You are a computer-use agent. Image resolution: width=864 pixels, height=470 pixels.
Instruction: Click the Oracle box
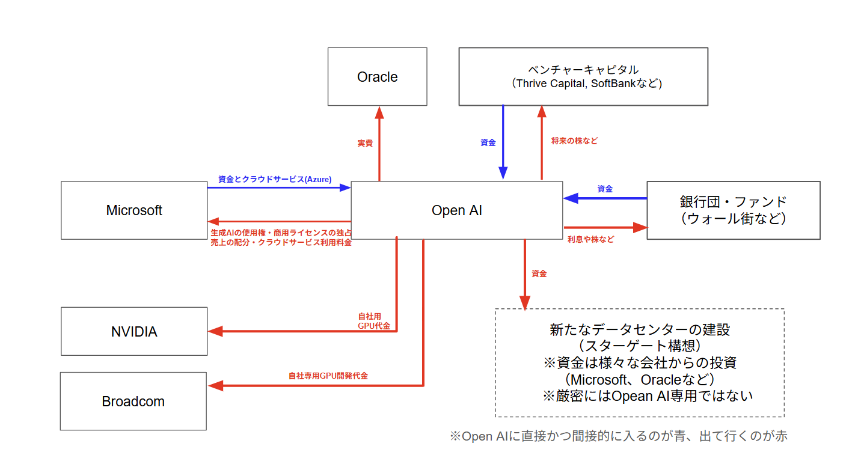coord(377,77)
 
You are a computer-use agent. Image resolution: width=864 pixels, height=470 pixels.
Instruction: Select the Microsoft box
coord(134,210)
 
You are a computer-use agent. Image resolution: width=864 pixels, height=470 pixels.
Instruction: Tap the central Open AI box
coord(456,210)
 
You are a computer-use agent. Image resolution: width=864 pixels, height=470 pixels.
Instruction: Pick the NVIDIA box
coord(134,331)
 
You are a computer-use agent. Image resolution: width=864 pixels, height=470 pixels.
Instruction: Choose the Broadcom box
coord(133,401)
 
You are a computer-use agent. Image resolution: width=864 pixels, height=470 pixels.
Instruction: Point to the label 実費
coord(365,144)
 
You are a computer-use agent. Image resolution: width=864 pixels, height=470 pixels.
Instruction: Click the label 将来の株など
coord(574,141)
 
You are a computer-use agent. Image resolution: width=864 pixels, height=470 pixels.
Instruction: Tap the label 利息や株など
coord(590,239)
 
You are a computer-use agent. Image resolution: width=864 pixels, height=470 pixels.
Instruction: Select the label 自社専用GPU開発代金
coord(328,376)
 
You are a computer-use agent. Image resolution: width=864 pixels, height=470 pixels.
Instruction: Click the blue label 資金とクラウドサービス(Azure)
coord(275,179)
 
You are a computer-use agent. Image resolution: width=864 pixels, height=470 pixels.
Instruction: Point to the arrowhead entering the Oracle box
coord(379,112)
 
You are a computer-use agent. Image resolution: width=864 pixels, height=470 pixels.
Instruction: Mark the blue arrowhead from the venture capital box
coord(503,172)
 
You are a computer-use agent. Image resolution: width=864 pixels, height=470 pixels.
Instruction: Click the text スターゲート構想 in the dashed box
coord(639,346)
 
